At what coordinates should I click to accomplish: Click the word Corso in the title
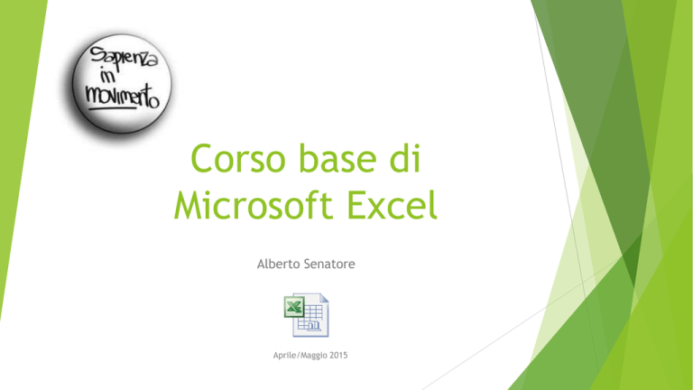tap(238, 158)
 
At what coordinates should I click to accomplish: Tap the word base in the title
tap(337, 157)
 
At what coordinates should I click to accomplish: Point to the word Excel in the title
tap(392, 204)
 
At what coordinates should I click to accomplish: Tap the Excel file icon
tap(306, 315)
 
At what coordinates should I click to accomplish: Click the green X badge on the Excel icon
tap(294, 307)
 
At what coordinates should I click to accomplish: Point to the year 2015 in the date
tap(338, 355)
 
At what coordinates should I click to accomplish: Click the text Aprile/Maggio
tap(300, 356)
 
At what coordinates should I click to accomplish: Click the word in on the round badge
tap(108, 76)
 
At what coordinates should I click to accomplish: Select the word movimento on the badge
tap(122, 96)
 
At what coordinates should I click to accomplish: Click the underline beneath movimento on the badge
tap(113, 107)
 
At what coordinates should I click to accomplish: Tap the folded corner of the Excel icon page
tap(324, 298)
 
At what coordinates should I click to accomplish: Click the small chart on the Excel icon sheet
tap(314, 326)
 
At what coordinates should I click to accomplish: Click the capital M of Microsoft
tap(187, 205)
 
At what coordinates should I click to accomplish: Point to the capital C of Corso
tap(201, 158)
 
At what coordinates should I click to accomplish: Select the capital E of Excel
tap(356, 205)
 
